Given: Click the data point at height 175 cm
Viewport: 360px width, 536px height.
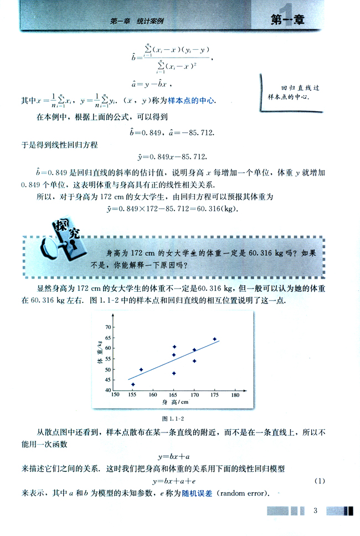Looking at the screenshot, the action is tap(215, 339).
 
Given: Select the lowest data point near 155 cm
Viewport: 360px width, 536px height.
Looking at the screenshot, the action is tap(133, 384).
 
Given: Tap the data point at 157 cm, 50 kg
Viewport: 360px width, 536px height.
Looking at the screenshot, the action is tap(141, 369).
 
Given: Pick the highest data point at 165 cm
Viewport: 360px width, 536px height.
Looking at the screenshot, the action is tap(174, 347).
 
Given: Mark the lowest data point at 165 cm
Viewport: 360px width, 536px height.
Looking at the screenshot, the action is tap(174, 373).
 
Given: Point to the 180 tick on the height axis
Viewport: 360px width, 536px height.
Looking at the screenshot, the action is tap(235, 395).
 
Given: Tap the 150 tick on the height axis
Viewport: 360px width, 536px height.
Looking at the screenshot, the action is tap(115, 395).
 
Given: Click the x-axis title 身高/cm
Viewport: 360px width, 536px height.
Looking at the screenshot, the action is tap(176, 402).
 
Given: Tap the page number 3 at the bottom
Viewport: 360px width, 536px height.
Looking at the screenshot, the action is tap(314, 510).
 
